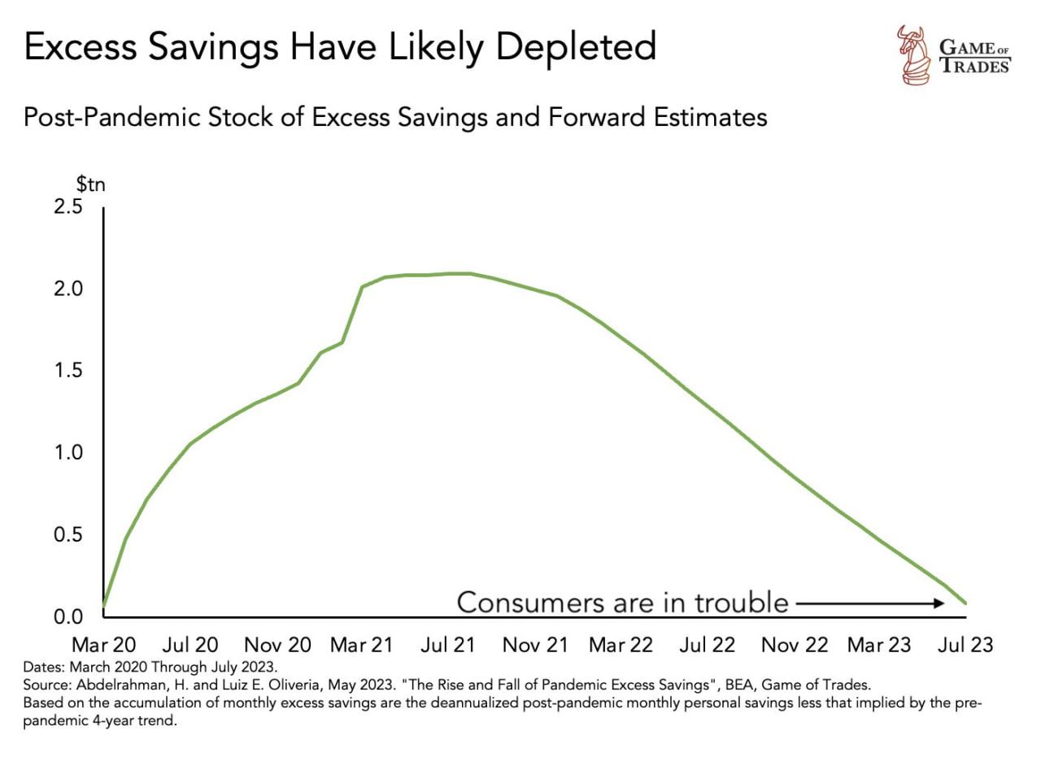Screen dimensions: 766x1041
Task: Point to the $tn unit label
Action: tap(91, 184)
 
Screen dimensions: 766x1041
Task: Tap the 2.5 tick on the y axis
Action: tap(68, 207)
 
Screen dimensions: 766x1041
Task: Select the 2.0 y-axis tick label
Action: tap(68, 289)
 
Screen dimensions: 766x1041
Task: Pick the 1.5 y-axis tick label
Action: tap(68, 371)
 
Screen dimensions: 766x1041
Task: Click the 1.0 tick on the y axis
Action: tap(68, 453)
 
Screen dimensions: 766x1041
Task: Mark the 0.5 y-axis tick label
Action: tap(68, 535)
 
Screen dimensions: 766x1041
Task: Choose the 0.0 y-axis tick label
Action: tap(68, 616)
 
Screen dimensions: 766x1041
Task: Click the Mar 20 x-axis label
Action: tap(104, 645)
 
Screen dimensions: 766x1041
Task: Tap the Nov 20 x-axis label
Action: tap(277, 645)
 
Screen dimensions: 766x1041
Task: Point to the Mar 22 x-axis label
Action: tap(621, 645)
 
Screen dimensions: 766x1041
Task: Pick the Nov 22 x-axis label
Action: tap(795, 645)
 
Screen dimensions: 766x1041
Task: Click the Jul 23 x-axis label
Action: tap(966, 645)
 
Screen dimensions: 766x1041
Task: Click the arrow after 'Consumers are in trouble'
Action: tap(870, 603)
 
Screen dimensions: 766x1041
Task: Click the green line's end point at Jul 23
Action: tap(965, 603)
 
